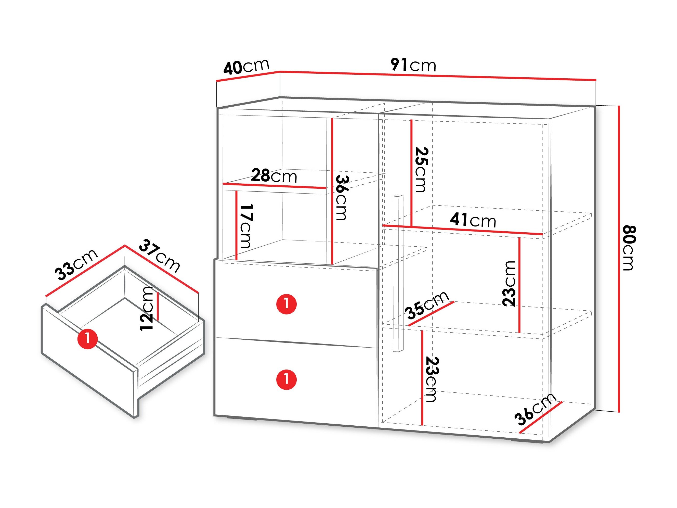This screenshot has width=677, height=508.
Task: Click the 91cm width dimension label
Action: pyautogui.click(x=413, y=65)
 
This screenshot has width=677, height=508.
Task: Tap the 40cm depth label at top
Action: pyautogui.click(x=246, y=67)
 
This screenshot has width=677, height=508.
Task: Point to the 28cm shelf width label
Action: pyautogui.click(x=274, y=176)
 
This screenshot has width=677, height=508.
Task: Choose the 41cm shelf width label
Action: pyautogui.click(x=473, y=220)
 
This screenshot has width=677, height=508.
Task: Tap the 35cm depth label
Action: pyautogui.click(x=427, y=305)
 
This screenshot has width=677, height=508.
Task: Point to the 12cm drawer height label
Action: pyautogui.click(x=146, y=309)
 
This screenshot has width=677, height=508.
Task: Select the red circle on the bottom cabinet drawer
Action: pyautogui.click(x=287, y=379)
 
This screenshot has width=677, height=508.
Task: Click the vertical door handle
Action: pyautogui.click(x=398, y=273)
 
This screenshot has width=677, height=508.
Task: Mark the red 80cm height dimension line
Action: pyautogui.click(x=619, y=259)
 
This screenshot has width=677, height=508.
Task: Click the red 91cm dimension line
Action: pyautogui.click(x=438, y=76)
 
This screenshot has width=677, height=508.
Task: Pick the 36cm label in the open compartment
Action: pyautogui.click(x=342, y=197)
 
